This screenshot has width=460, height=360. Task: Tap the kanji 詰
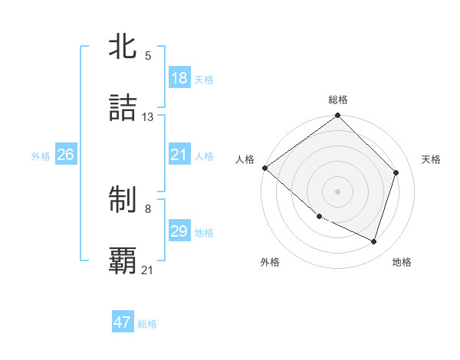[123, 108]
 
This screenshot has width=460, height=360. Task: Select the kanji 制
[123, 200]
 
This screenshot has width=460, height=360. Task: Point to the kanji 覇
[123, 261]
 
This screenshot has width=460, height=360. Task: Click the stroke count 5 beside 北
[148, 55]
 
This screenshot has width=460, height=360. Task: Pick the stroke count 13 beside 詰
[148, 117]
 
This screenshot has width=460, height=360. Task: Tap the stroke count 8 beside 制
[148, 209]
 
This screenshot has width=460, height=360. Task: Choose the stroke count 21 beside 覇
[148, 270]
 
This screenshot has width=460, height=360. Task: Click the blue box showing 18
[179, 78]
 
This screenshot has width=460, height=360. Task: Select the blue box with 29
[179, 231]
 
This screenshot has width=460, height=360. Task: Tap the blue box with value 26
[65, 155]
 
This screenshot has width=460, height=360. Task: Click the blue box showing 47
[123, 322]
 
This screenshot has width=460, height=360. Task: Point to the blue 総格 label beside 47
[147, 324]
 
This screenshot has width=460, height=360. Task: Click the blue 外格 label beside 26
[41, 155]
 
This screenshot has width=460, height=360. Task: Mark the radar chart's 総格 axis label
[338, 100]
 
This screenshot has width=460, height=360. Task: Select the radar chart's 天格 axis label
[432, 159]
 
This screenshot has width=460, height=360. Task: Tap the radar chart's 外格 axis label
[270, 262]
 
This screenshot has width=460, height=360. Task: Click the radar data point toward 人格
[264, 168]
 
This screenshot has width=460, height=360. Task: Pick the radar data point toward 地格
[374, 242]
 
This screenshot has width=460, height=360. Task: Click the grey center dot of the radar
[338, 191]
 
